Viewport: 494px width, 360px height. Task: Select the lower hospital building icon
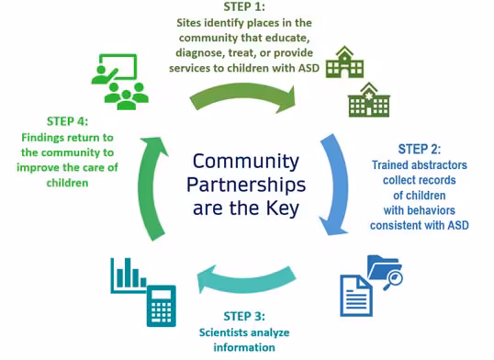tap(367, 99)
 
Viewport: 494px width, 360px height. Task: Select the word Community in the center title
tap(245, 162)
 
